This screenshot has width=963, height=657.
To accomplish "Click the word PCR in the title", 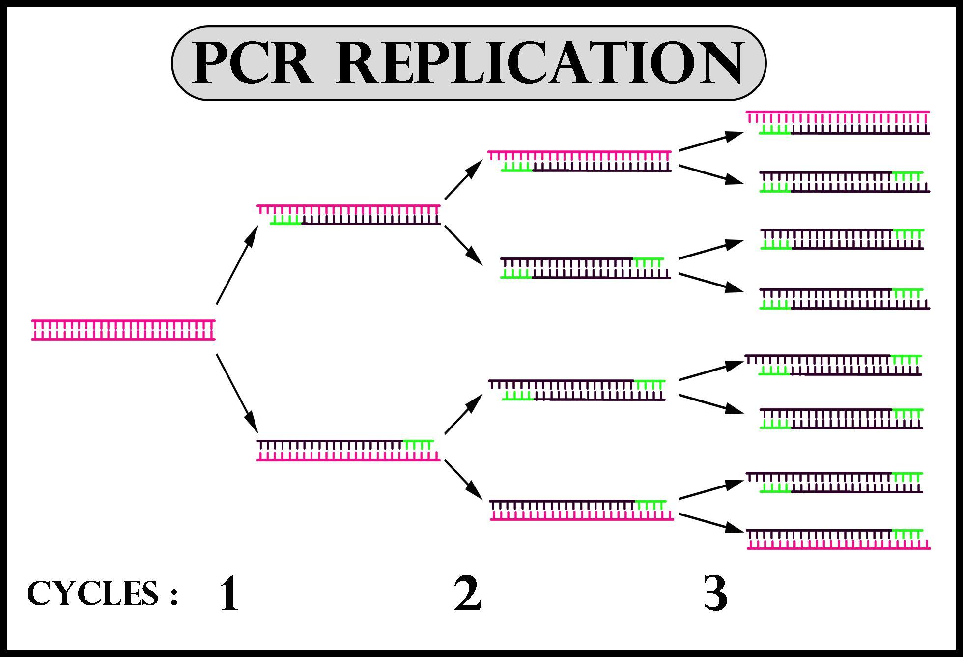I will pos(253,63).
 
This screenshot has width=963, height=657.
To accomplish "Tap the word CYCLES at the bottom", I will pos(93,593).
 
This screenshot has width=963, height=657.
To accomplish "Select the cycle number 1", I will pos(229,594).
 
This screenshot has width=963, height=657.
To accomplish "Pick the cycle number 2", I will pos(467,594).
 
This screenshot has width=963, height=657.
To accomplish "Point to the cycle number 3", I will pos(715,594).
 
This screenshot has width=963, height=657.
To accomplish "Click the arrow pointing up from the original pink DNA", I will pos(237,265).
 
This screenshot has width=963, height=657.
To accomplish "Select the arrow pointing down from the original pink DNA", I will pos(237,393).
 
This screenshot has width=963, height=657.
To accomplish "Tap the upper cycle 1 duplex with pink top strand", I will pos(348,215).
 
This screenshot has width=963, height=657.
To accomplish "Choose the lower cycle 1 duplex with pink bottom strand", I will pos(348,451).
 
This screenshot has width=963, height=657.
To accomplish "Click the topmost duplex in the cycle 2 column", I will pos(580,161).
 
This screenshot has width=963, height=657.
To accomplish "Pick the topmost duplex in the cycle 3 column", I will pos(838,122).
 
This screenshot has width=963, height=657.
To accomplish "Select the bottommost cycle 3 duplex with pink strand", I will pos(838,539).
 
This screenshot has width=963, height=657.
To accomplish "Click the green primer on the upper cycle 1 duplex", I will pos(285,221).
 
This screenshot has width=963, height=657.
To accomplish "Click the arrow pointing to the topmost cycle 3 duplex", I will pos(711,141).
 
